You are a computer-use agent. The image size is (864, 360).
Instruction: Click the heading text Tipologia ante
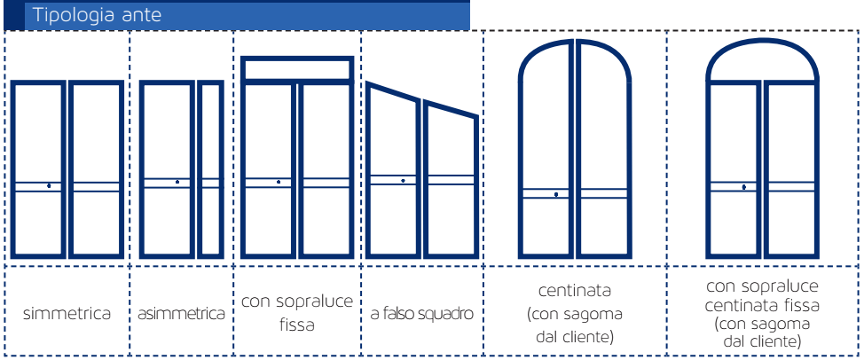click(97, 15)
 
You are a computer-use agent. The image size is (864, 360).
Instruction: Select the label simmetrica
click(67, 314)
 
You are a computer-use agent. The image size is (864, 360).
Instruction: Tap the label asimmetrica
click(181, 314)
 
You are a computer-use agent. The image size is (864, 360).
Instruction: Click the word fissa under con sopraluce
click(296, 325)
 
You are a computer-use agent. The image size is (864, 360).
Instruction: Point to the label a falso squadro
click(422, 314)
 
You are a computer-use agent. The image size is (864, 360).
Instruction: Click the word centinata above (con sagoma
click(575, 290)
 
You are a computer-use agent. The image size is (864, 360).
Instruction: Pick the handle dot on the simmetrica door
click(49, 186)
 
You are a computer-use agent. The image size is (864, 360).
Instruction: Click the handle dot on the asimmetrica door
click(177, 182)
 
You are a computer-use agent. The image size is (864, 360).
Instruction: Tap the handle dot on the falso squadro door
click(404, 181)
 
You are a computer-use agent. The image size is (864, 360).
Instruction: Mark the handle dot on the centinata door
click(556, 194)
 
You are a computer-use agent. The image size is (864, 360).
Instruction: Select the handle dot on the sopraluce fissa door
click(279, 182)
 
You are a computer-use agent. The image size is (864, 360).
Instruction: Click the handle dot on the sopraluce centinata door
click(744, 187)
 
